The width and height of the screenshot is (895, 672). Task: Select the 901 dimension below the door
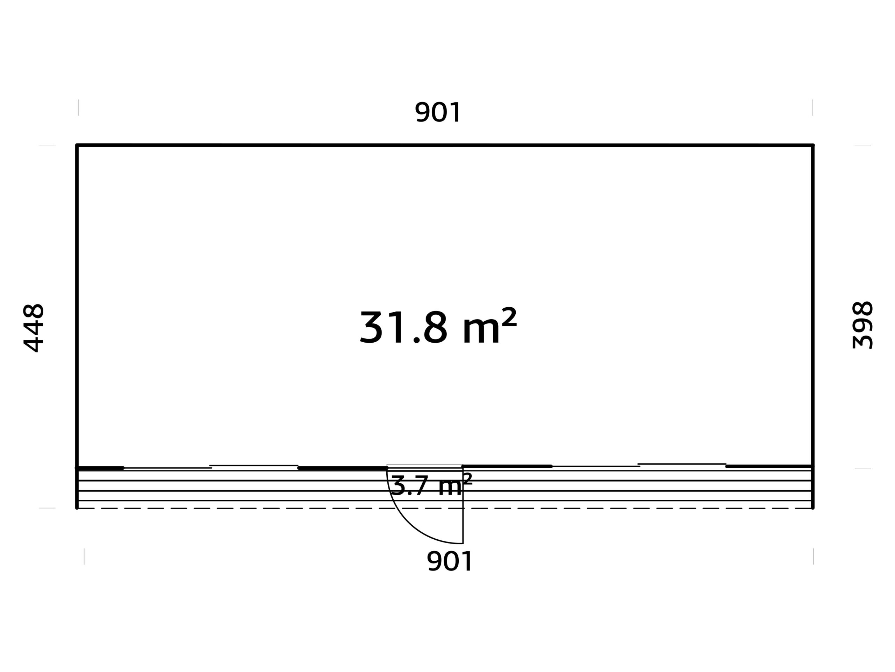click(450, 561)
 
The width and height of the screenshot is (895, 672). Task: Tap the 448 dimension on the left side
click(33, 328)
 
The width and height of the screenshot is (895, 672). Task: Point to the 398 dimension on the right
click(862, 325)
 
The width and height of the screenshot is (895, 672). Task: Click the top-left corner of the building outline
click(77, 145)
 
